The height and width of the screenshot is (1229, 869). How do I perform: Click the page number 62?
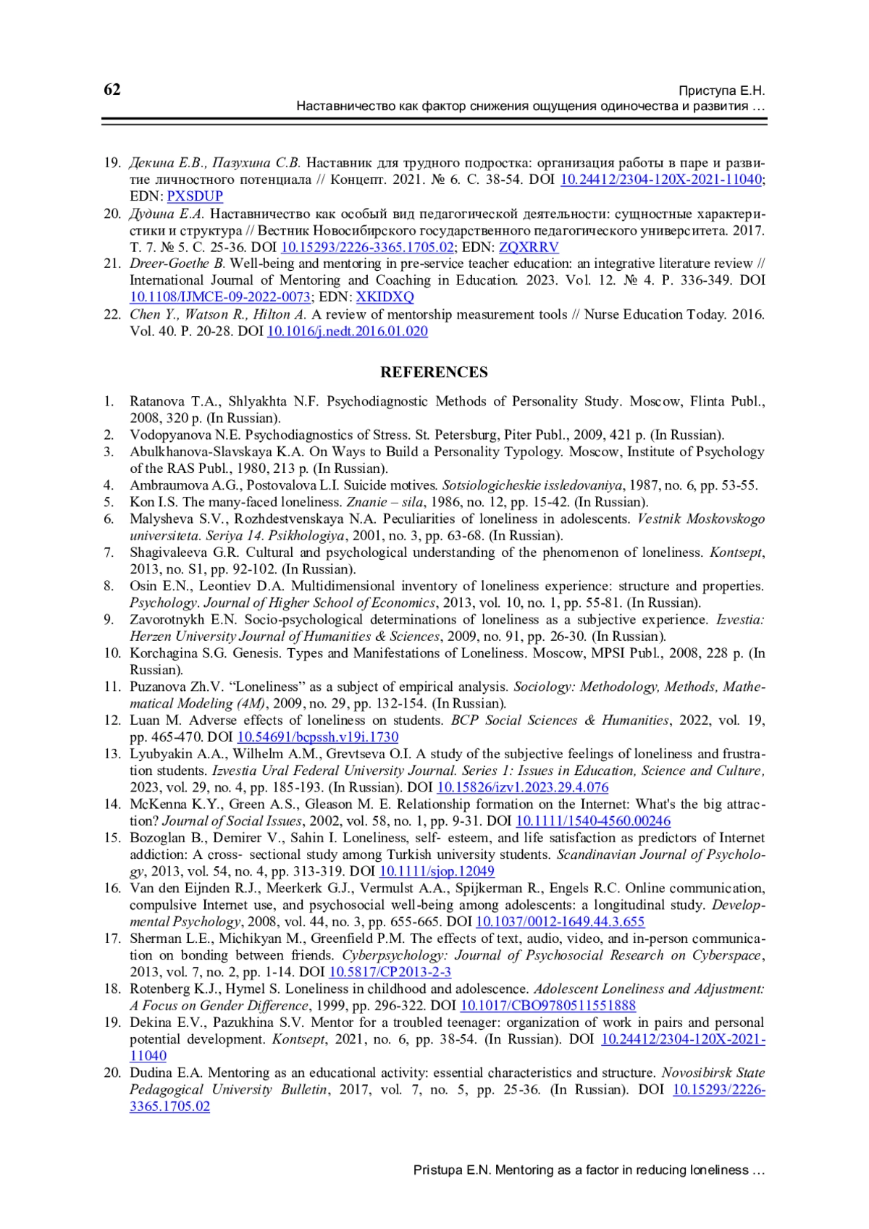coord(112,90)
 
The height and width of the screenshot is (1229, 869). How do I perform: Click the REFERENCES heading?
coord(434,372)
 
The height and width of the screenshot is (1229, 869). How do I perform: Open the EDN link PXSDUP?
coord(195,196)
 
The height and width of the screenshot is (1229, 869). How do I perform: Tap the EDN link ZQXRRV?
coord(529,247)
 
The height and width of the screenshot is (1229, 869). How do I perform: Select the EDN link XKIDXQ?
coord(385,297)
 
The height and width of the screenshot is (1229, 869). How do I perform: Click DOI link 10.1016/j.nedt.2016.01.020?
coord(347,332)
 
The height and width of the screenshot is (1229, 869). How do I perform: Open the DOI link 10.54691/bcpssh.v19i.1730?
coord(318,737)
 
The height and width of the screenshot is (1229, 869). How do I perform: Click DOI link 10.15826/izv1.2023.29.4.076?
coord(522,787)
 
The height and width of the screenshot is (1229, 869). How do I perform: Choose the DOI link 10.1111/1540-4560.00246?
coord(592,821)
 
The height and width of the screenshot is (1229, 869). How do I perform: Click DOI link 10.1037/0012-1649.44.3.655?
coord(560,922)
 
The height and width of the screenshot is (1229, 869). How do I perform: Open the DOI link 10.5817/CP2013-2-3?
coord(390,972)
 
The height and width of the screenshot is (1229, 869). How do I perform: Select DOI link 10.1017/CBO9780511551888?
coord(547,1005)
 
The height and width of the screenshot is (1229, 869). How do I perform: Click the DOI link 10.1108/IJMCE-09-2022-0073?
coord(220,297)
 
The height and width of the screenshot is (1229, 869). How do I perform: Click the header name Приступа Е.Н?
coord(721,91)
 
